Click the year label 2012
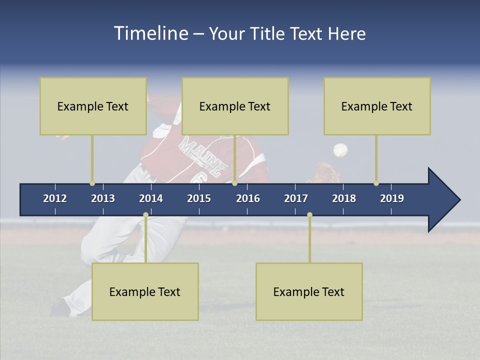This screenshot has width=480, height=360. click(x=55, y=198)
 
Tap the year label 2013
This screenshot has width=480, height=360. click(x=103, y=198)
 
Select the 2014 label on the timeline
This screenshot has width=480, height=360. click(x=151, y=198)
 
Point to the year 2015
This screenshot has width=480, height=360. click(x=199, y=198)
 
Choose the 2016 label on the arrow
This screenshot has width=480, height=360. click(x=248, y=198)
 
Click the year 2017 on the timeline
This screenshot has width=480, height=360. click(x=296, y=198)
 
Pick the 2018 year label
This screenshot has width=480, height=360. click(x=344, y=198)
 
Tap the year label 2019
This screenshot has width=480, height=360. click(x=392, y=198)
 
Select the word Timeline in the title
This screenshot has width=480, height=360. click(x=150, y=33)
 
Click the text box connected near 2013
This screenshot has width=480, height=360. click(x=93, y=106)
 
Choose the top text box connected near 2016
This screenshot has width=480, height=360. click(x=235, y=106)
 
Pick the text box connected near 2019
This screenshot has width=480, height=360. click(x=377, y=106)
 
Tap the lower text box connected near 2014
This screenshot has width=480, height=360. click(x=145, y=291)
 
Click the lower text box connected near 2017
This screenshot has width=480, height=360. click(x=309, y=291)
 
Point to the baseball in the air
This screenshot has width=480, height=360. click(x=340, y=149)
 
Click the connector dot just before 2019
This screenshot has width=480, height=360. click(x=376, y=183)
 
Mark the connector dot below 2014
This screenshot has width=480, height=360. click(x=145, y=215)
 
